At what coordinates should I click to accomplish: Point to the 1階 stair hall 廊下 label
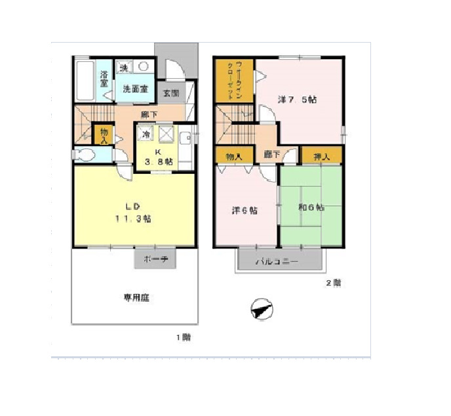[149, 114]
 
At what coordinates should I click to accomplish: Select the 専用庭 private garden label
[138, 297]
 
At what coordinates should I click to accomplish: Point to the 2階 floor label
[333, 283]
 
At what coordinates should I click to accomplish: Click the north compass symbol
[262, 308]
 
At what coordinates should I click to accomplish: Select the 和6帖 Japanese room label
[311, 207]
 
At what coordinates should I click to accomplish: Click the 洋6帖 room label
[244, 211]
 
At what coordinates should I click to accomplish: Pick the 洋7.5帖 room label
[298, 100]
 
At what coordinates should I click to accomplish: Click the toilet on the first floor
[84, 155]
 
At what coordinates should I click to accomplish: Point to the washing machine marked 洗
[125, 67]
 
